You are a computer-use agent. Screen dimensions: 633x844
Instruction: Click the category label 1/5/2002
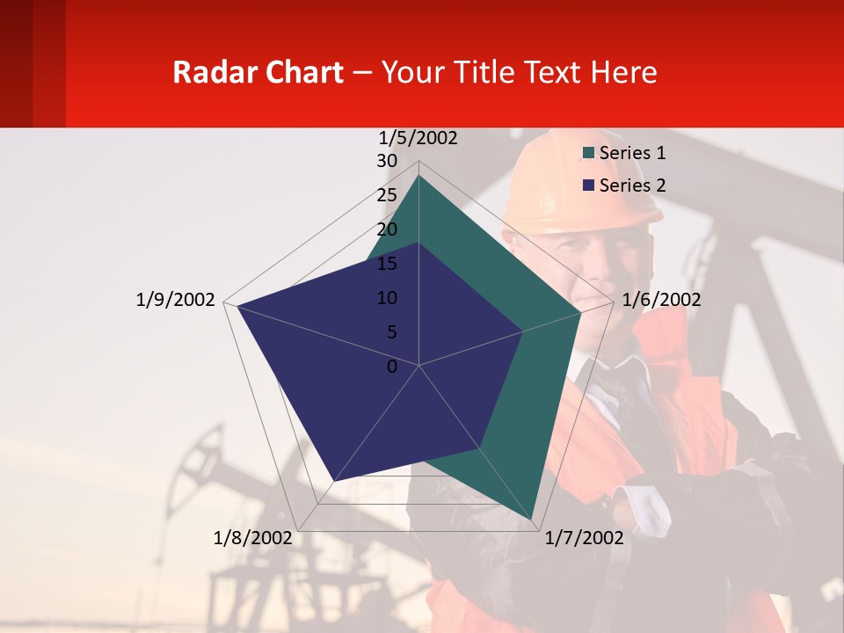(x=418, y=138)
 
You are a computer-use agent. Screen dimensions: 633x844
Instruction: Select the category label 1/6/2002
(x=661, y=300)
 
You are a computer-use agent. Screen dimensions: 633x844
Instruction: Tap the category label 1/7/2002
(x=584, y=537)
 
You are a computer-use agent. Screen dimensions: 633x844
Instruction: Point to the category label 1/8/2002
(x=252, y=537)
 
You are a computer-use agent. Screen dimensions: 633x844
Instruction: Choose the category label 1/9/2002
(x=176, y=300)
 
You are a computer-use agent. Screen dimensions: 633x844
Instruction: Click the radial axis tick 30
(x=387, y=161)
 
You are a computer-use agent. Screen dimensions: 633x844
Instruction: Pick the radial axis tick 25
(x=387, y=195)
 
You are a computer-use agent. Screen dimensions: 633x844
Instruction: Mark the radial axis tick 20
(x=387, y=229)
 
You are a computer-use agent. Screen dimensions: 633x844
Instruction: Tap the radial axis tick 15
(x=387, y=264)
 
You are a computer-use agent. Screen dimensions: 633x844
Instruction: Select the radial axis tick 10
(x=387, y=298)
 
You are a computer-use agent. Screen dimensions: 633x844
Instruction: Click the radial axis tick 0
(x=392, y=367)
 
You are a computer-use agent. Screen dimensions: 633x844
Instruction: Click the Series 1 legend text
(x=632, y=153)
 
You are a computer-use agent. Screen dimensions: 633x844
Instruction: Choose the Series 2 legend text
(x=632, y=186)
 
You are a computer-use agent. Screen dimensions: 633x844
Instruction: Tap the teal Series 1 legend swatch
(x=589, y=154)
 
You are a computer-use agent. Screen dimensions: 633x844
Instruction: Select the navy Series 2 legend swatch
(x=589, y=186)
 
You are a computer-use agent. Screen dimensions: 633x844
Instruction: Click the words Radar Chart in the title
(x=258, y=72)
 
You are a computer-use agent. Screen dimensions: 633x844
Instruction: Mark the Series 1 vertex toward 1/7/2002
(x=533, y=519)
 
